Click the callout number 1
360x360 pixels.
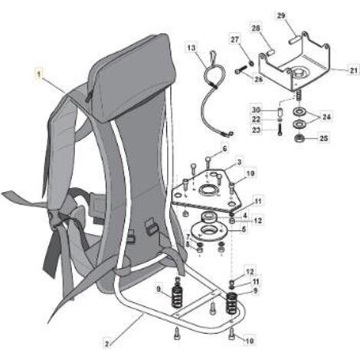pyautogui.click(x=39, y=74)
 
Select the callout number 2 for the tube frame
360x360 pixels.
pyautogui.click(x=107, y=344)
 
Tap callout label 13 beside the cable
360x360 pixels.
pyautogui.click(x=191, y=47)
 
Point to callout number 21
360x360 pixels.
pyautogui.click(x=353, y=70)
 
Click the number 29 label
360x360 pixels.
pyautogui.click(x=281, y=15)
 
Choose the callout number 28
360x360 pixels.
pyautogui.click(x=256, y=28)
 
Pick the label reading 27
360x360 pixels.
pyautogui.click(x=235, y=40)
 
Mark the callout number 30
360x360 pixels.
pyautogui.click(x=256, y=110)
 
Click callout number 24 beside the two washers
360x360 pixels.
pyautogui.click(x=326, y=117)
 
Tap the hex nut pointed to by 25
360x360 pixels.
pyautogui.click(x=298, y=139)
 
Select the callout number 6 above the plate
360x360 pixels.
pyautogui.click(x=224, y=149)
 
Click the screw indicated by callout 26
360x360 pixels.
pyautogui.click(x=241, y=70)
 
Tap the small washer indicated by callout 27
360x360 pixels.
pyautogui.click(x=251, y=63)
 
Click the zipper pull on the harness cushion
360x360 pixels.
pyautogui.click(x=87, y=98)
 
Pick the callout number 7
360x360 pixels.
pyautogui.click(x=188, y=236)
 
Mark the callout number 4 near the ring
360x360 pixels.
pyautogui.click(x=245, y=215)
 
